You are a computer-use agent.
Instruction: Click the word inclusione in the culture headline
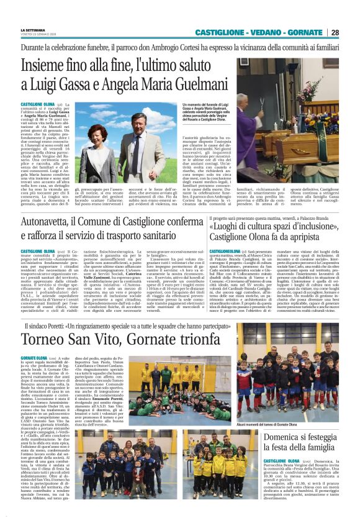pos(315,224)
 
